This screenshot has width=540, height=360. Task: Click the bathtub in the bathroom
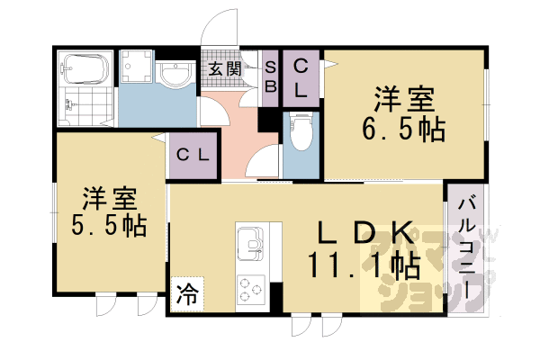[85, 68]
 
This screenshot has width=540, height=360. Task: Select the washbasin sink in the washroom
[175, 73]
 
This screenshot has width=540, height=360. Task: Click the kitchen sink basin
[250, 243]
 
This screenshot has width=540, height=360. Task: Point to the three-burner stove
[251, 290]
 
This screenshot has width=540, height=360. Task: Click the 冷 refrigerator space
[188, 294]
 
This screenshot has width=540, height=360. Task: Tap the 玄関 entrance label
[224, 69]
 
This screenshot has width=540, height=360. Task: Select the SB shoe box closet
[271, 78]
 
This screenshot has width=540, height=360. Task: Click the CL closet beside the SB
[301, 78]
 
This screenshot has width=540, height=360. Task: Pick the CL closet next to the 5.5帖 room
[193, 156]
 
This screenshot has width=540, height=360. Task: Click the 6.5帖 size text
[403, 130]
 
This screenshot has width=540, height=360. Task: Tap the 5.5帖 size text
[109, 225]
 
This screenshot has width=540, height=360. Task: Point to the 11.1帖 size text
[364, 266]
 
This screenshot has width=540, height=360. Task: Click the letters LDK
[365, 231]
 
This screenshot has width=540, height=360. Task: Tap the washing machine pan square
[137, 66]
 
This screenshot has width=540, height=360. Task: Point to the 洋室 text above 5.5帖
[110, 198]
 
